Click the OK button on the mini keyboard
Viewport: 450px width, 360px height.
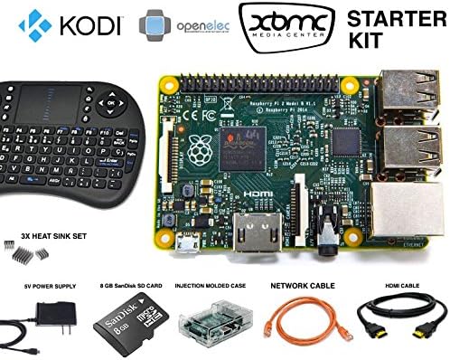tap(110, 102)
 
